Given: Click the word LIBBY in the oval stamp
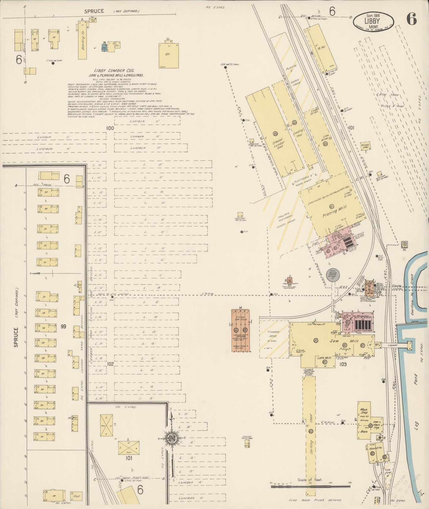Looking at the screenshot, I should [372, 21].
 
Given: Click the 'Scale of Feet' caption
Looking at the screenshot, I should [310, 480].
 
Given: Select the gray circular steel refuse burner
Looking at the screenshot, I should [332, 274].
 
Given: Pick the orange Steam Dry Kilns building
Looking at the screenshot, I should [240, 330].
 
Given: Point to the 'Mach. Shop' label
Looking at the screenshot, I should [364, 411].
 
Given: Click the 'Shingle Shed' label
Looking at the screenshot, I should [365, 146].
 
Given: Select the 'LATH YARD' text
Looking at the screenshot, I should [388, 95].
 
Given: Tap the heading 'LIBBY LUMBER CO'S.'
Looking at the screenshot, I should [114, 71].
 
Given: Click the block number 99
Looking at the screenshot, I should [63, 326].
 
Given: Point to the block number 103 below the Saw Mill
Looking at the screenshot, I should [343, 364].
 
